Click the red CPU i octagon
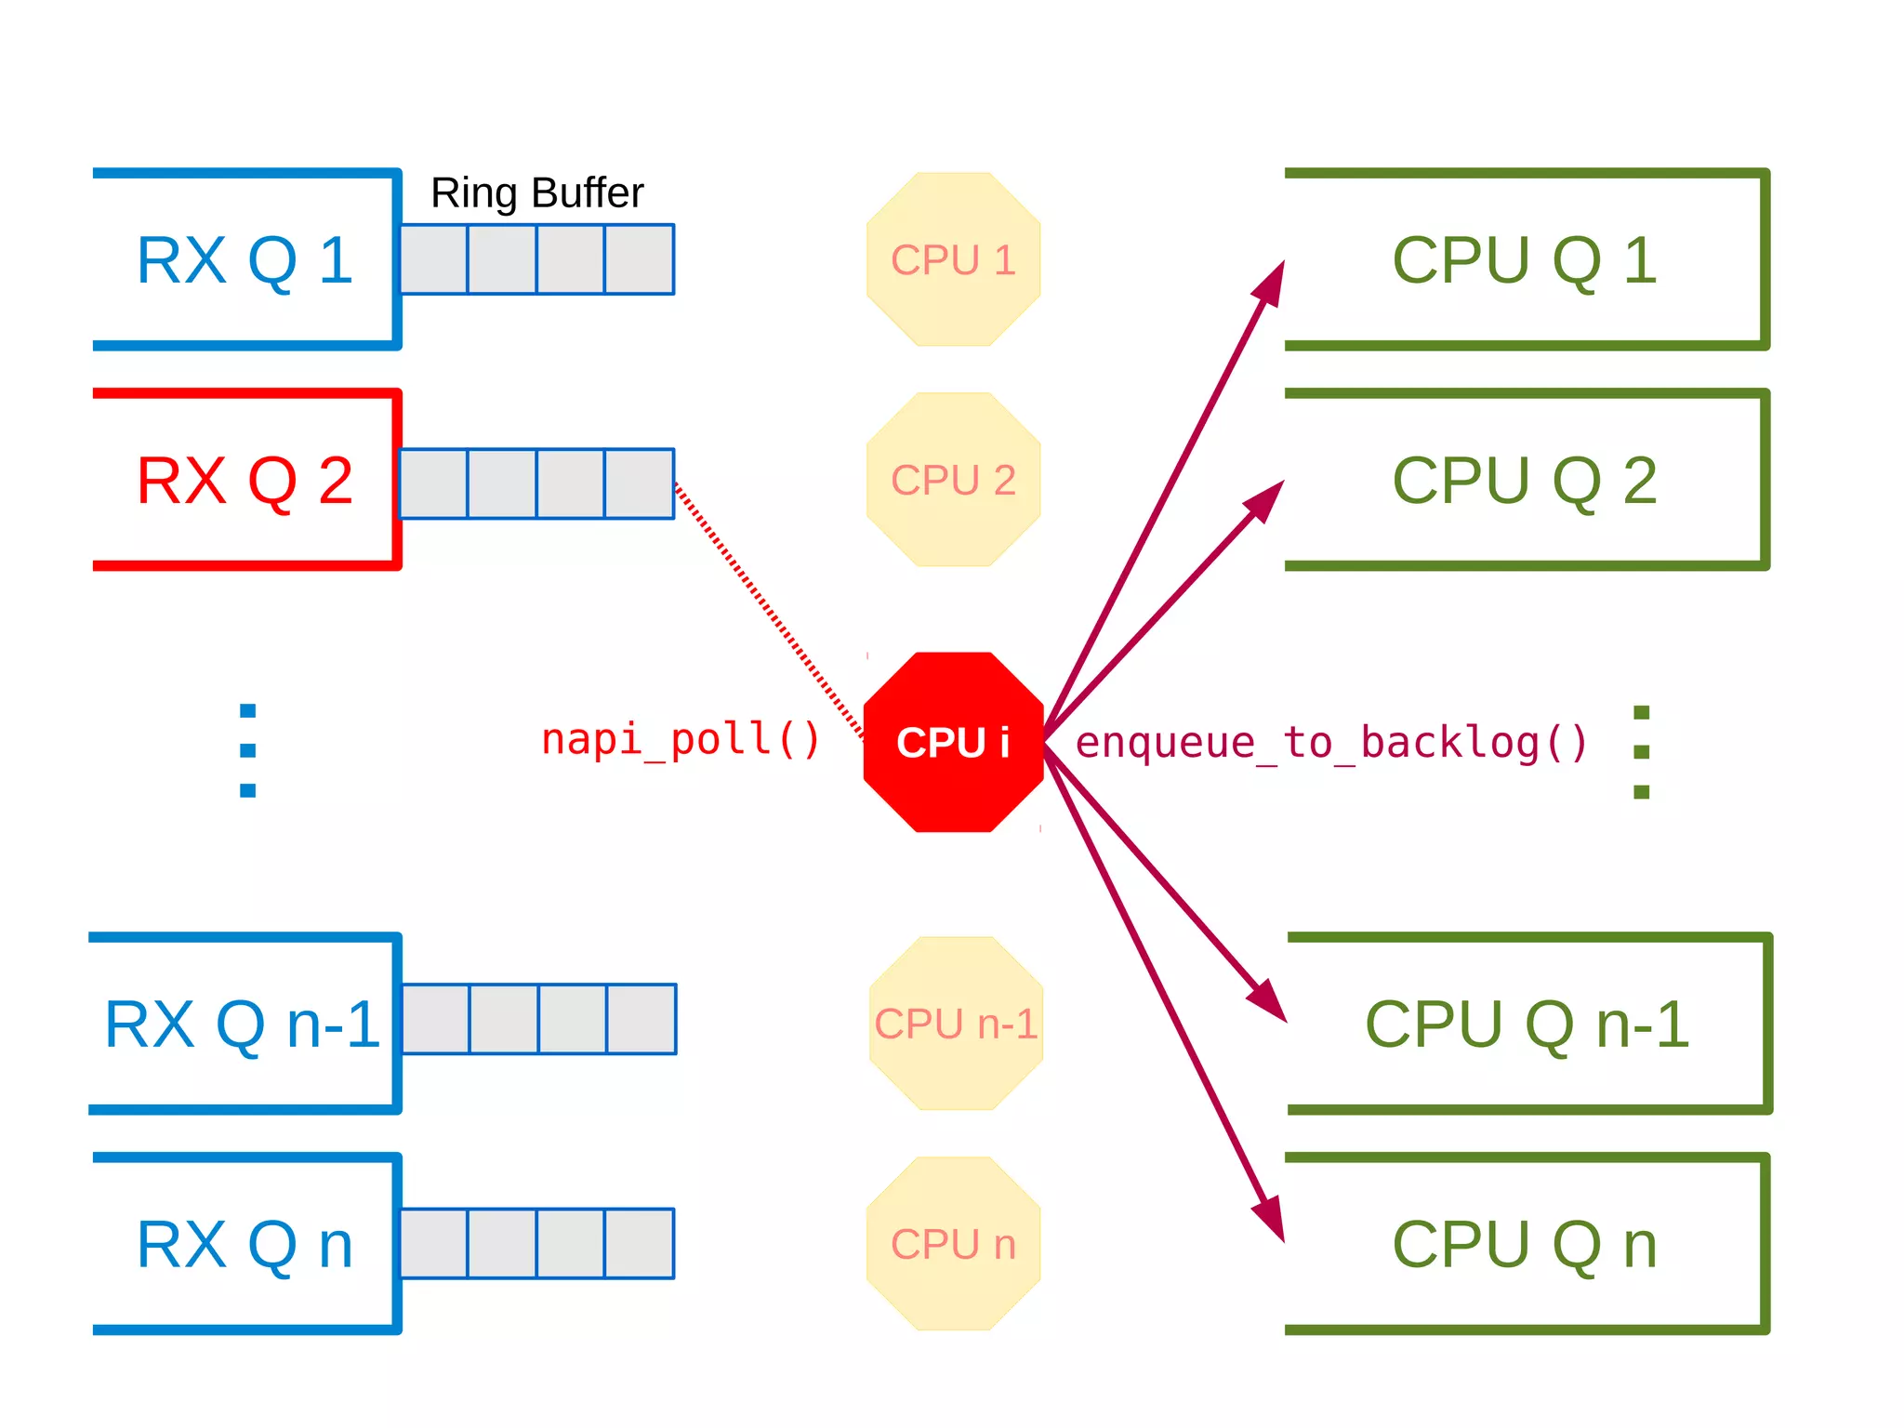(953, 742)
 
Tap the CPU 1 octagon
(953, 259)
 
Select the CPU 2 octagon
(953, 480)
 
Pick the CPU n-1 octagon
(956, 1024)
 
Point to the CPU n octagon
(953, 1244)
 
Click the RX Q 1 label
(245, 260)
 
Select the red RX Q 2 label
(245, 481)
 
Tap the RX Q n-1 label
(242, 1025)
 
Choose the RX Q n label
(245, 1245)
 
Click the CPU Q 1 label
(1525, 260)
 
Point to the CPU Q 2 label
(1525, 481)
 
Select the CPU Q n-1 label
(1527, 1025)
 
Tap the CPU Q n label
(1525, 1245)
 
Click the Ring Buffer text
(536, 193)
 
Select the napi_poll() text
(681, 740)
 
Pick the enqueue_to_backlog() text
(1331, 743)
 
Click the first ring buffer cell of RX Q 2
(433, 483)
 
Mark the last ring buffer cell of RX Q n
(640, 1244)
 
